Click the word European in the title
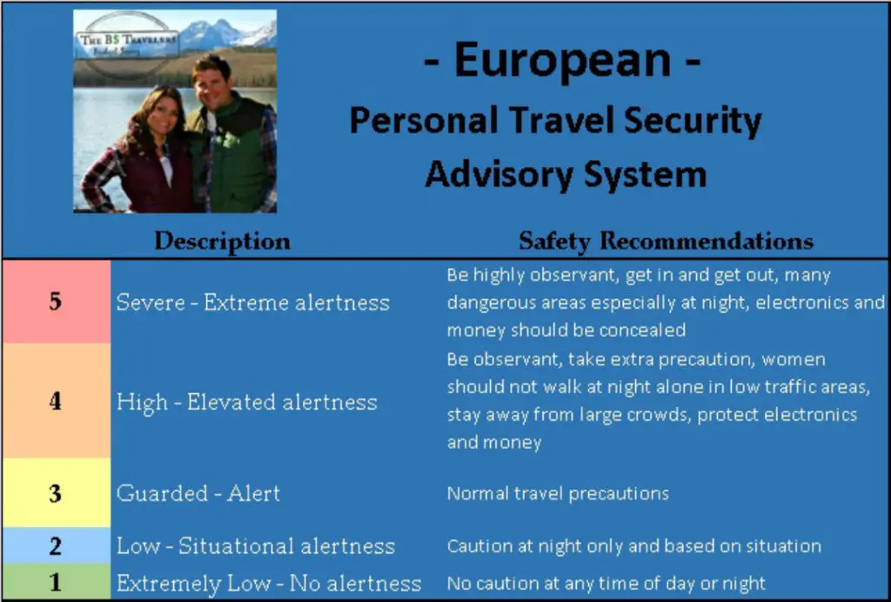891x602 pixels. click(x=563, y=63)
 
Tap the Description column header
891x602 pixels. click(x=222, y=241)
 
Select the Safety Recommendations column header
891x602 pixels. click(x=666, y=241)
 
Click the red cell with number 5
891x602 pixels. click(x=57, y=301)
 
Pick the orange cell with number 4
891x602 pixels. click(x=57, y=400)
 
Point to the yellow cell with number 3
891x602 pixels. click(x=57, y=493)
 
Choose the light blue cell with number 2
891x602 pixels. click(x=57, y=545)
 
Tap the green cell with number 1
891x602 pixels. click(x=57, y=582)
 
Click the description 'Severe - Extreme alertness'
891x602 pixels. click(x=253, y=302)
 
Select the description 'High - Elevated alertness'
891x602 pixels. click(x=246, y=403)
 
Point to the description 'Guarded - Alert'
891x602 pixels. click(x=198, y=493)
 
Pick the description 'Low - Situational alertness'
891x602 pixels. click(x=256, y=545)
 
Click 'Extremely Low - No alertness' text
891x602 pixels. click(x=269, y=583)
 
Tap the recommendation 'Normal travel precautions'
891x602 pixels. click(x=558, y=493)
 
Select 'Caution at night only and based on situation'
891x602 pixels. click(x=634, y=545)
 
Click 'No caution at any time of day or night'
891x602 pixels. click(x=606, y=583)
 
